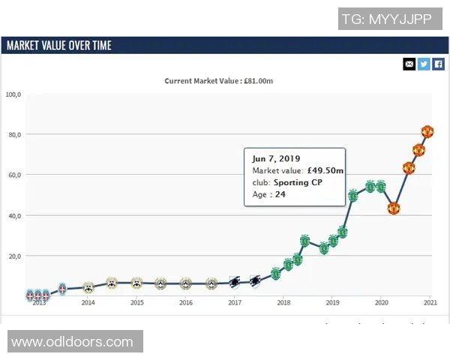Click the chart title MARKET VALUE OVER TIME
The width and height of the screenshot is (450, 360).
pyautogui.click(x=59, y=46)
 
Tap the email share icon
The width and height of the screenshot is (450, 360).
pyautogui.click(x=409, y=64)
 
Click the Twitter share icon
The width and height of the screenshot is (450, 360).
pyautogui.click(x=424, y=64)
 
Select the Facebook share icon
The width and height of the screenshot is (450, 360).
pyautogui.click(x=439, y=64)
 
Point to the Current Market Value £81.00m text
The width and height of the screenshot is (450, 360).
pyautogui.click(x=224, y=81)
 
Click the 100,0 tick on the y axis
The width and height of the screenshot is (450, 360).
pyautogui.click(x=13, y=94)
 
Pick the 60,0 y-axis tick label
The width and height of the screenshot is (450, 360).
pyautogui.click(x=13, y=175)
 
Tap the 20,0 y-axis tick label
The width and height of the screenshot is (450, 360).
pyautogui.click(x=13, y=256)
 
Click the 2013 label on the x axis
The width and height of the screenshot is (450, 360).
pyautogui.click(x=39, y=303)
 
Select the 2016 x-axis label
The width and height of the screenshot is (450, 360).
pyautogui.click(x=186, y=303)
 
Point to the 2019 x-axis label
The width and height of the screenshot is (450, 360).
pyautogui.click(x=332, y=303)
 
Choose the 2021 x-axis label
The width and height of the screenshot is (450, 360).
pyautogui.click(x=430, y=303)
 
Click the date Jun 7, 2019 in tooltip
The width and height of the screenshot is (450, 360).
pyautogui.click(x=276, y=158)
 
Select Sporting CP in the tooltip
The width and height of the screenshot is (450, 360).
pyautogui.click(x=298, y=182)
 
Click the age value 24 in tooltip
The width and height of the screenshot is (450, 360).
pyautogui.click(x=280, y=194)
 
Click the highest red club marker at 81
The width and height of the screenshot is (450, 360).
pyautogui.click(x=427, y=132)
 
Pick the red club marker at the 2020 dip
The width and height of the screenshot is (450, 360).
pyautogui.click(x=394, y=208)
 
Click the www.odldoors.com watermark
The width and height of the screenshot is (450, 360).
pyautogui.click(x=72, y=342)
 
